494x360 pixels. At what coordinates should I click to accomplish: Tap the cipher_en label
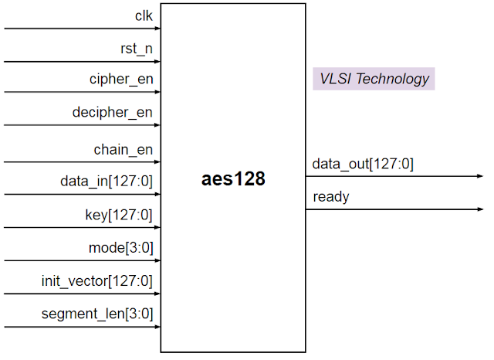[120, 80]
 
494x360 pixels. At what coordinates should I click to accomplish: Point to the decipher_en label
[112, 113]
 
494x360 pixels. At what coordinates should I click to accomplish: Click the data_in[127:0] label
[107, 182]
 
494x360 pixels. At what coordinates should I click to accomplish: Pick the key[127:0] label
[118, 215]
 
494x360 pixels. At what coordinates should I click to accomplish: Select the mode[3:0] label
[120, 248]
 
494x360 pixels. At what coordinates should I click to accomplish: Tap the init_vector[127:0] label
[97, 280]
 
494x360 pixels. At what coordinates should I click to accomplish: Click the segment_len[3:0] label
[97, 314]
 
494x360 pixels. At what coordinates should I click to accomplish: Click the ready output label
[331, 197]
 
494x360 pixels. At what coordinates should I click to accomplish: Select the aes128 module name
[233, 180]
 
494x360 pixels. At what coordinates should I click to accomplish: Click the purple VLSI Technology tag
[374, 79]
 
